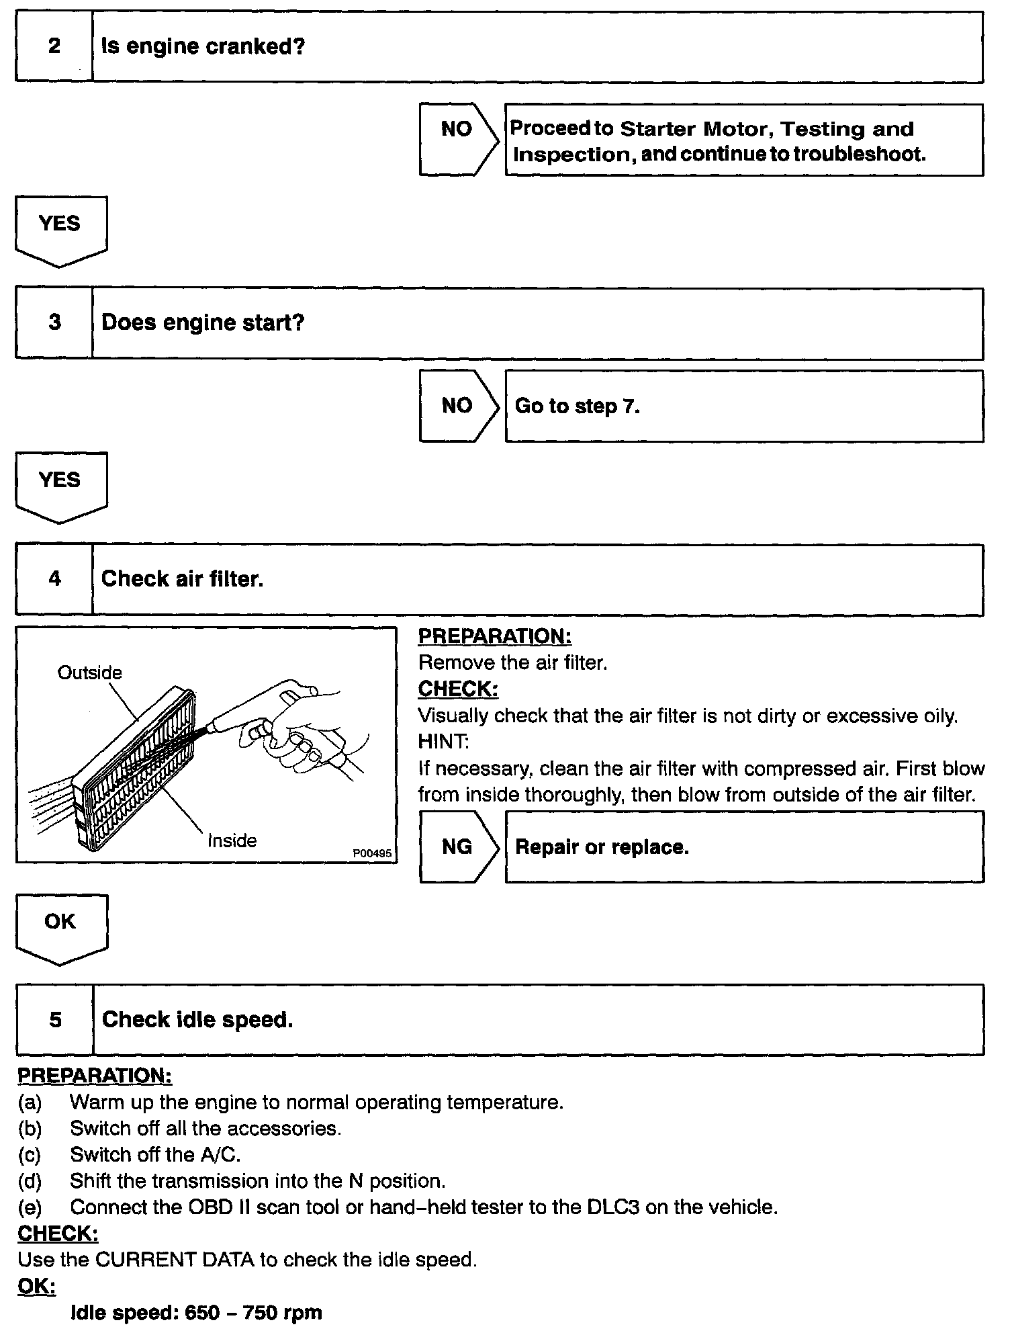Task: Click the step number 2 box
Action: (x=54, y=47)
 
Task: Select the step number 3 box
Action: (x=54, y=323)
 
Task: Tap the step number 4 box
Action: (x=54, y=579)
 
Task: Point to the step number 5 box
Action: (x=54, y=1020)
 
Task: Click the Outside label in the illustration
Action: (x=90, y=673)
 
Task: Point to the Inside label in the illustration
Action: (x=232, y=840)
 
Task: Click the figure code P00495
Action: (x=372, y=853)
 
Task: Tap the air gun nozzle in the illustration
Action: (x=214, y=726)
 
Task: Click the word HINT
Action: (x=443, y=742)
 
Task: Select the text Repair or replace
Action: (x=602, y=847)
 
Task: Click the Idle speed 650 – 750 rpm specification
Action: (x=196, y=1312)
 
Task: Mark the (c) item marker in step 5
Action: (x=30, y=1154)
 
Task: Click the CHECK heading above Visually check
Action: (x=458, y=689)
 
